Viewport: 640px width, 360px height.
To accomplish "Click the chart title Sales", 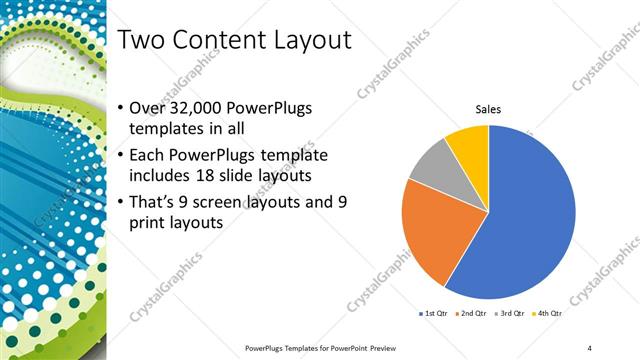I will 487,110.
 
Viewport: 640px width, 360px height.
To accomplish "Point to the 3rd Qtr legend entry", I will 513,314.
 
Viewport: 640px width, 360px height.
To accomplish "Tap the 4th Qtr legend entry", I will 551,314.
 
